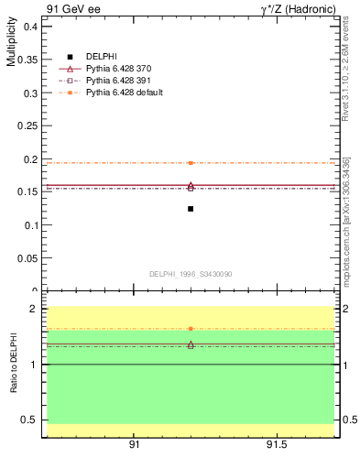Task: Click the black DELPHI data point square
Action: [191, 209]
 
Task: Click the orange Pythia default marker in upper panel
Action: [191, 163]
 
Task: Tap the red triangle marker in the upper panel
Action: [191, 186]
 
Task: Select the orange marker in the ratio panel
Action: [191, 328]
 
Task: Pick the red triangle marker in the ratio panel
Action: [191, 344]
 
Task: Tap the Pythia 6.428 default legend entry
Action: [125, 93]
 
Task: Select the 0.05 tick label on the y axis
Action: [27, 257]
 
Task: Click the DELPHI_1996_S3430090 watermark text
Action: [191, 274]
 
